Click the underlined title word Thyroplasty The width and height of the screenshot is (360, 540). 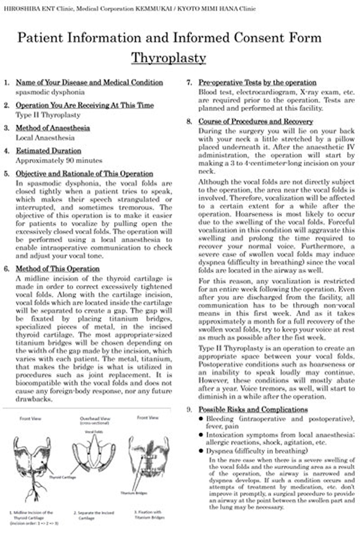[x=169, y=58]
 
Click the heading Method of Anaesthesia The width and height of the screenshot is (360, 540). [x=53, y=128]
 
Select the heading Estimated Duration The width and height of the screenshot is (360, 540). [x=48, y=151]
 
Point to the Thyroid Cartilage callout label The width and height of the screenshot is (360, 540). [x=63, y=478]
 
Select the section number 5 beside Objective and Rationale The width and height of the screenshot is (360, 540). [x=7, y=174]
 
